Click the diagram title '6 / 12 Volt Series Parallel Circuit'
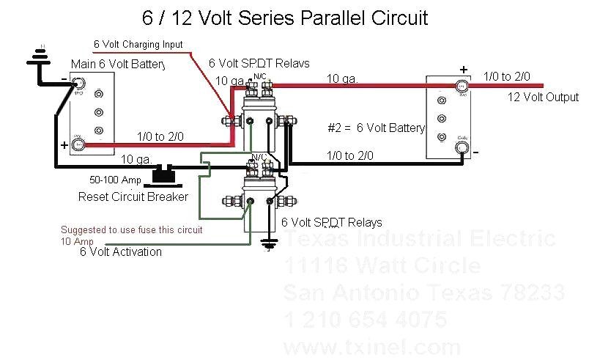click(x=285, y=17)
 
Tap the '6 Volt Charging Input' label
click(x=138, y=45)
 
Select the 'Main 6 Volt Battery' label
click(x=117, y=65)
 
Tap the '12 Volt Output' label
click(x=543, y=98)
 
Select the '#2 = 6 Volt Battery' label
click(x=376, y=128)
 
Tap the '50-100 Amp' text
click(x=115, y=180)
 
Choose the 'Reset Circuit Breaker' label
click(x=133, y=197)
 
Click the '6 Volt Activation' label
click(x=121, y=251)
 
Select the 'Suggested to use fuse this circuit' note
click(x=131, y=230)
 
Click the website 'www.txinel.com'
click(x=372, y=346)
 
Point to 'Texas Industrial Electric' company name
click(x=419, y=239)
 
